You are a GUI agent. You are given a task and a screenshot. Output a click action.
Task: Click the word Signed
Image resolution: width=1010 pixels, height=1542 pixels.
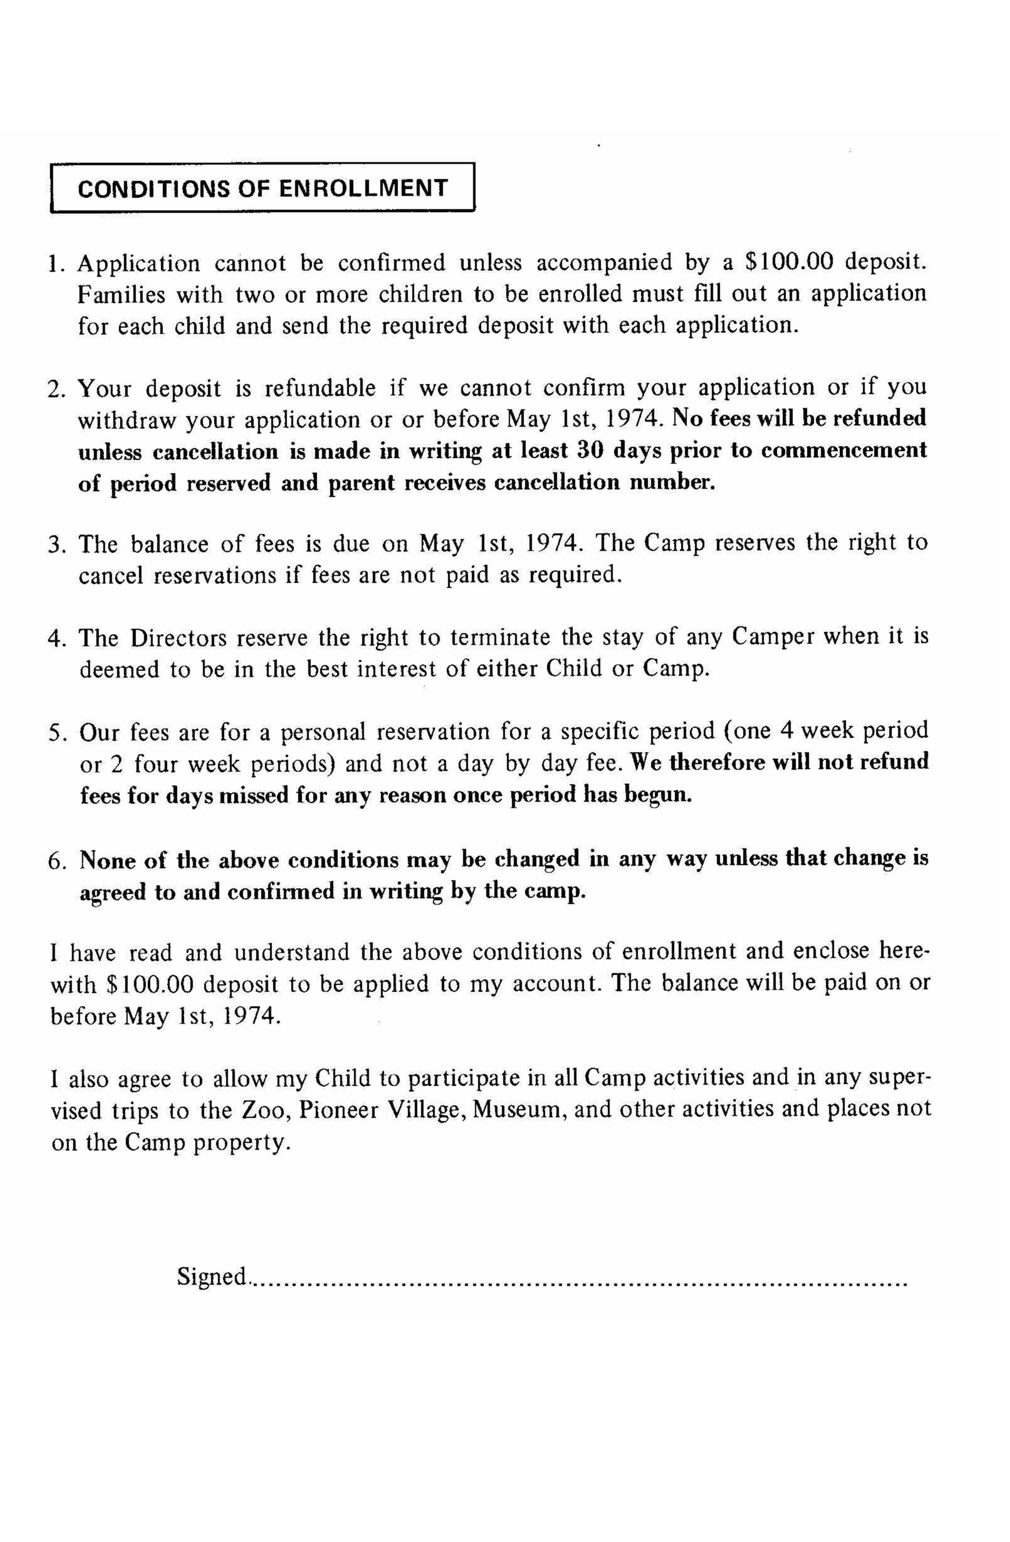(212, 1277)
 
